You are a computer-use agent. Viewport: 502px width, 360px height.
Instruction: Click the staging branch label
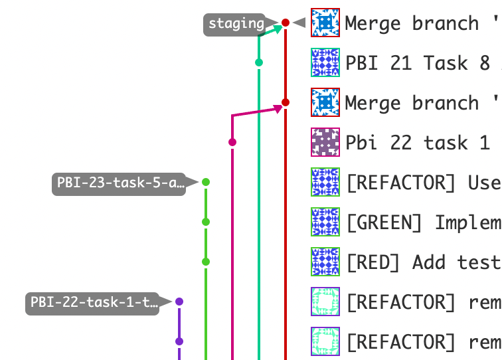(x=236, y=24)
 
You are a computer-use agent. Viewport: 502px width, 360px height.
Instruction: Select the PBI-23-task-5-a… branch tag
(x=120, y=183)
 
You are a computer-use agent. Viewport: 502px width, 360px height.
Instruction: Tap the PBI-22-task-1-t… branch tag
(x=94, y=303)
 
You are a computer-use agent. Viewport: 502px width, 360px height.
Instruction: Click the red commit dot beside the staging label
(x=286, y=23)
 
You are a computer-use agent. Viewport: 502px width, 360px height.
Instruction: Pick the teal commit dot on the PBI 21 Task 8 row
(x=259, y=62)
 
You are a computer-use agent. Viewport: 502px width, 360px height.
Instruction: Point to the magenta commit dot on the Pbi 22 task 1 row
(x=232, y=142)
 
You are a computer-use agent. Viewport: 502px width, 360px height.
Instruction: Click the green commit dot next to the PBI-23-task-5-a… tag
(x=206, y=182)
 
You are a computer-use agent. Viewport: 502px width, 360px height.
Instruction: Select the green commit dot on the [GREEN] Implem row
(x=206, y=222)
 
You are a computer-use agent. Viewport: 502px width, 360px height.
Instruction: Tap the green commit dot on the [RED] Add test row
(x=206, y=262)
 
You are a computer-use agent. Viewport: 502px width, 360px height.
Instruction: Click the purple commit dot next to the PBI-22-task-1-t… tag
(x=179, y=302)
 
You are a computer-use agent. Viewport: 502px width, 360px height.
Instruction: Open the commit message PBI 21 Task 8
(x=418, y=63)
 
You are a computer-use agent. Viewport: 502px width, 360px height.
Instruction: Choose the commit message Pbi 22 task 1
(x=418, y=143)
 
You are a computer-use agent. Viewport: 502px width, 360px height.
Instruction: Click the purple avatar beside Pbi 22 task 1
(x=325, y=142)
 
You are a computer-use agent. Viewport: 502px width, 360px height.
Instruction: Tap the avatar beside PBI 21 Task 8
(x=325, y=62)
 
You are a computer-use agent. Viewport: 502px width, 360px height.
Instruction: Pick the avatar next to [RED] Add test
(x=325, y=262)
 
